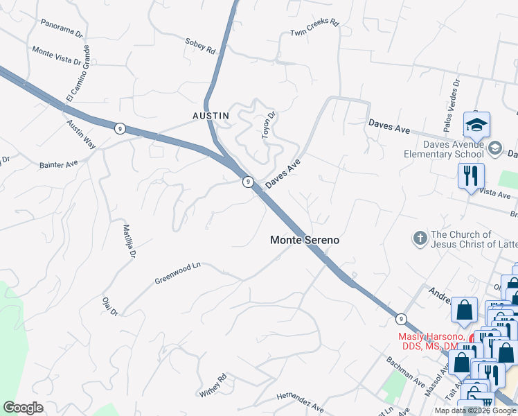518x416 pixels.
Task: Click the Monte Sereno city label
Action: [x=305, y=240]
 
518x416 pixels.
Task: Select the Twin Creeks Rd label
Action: [x=315, y=28]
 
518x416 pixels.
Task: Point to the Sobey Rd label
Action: [x=200, y=46]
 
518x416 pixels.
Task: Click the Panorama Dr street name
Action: [x=62, y=27]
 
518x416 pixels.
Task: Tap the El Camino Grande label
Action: [x=78, y=73]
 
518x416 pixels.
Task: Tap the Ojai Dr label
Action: [x=110, y=305]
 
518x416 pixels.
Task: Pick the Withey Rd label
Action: [x=213, y=385]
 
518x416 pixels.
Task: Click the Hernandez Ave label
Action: [x=300, y=403]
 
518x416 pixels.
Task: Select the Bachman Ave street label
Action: [x=406, y=372]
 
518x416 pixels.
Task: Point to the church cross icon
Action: [x=420, y=239]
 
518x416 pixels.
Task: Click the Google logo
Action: [x=23, y=408]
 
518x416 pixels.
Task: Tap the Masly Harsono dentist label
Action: [x=428, y=341]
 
